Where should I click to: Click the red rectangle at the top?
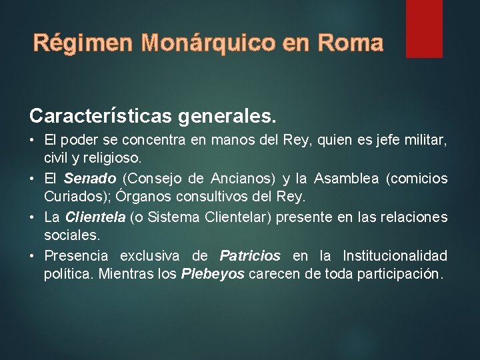[424, 28]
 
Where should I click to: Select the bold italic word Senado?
[91, 179]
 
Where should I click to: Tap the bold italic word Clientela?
[95, 217]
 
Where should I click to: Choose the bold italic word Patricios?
[250, 255]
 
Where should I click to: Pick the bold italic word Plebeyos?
[213, 274]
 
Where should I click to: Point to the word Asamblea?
[347, 179]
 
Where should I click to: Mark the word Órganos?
[142, 197]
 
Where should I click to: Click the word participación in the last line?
[401, 274]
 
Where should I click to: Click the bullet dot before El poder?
[33, 141]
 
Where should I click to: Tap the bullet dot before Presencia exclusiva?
[33, 256]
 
